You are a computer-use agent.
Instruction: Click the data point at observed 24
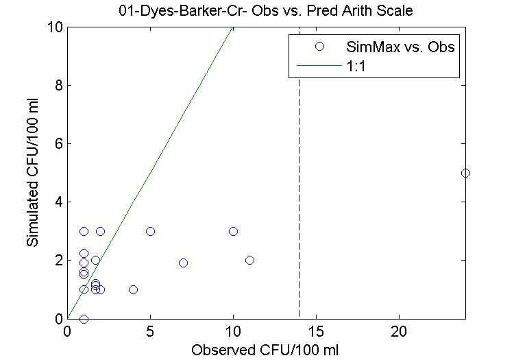465,173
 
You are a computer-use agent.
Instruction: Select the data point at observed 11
249,260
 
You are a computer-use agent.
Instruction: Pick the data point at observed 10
233,231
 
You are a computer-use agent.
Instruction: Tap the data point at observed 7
183,263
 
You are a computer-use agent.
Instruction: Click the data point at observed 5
150,231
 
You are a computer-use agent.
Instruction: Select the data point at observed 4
133,289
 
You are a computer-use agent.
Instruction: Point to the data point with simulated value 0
84,319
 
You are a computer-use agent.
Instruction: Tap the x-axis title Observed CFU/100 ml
265,349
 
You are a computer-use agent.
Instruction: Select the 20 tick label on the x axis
399,331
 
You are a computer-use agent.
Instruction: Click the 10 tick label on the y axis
55,27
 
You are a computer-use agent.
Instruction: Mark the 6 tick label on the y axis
58,144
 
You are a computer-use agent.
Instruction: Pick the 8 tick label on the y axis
58,86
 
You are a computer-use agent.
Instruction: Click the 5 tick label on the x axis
150,331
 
